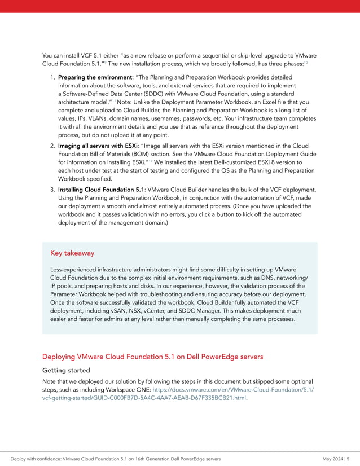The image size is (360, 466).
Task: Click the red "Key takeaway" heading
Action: tap(72, 253)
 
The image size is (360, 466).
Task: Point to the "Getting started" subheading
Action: tap(66, 371)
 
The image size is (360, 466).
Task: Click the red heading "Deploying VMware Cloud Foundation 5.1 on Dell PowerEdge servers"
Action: tap(152, 357)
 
